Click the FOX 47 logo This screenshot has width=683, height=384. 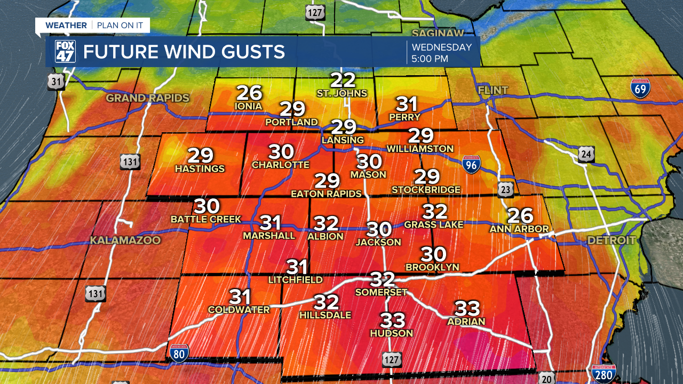tap(65, 52)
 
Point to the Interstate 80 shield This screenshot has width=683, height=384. tap(179, 353)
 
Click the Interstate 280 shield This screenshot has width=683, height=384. tap(604, 374)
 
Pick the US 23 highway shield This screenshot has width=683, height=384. tap(505, 189)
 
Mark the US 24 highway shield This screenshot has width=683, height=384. tap(586, 155)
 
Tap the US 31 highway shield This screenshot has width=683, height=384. tap(55, 82)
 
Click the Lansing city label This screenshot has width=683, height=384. tap(343, 140)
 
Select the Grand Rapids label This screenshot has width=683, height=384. tap(148, 98)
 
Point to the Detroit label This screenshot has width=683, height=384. tap(611, 241)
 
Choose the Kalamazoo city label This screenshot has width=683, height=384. tap(125, 241)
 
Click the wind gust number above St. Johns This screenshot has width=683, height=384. tap(343, 80)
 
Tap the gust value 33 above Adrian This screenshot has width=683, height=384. tap(467, 308)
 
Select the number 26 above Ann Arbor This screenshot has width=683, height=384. tap(520, 215)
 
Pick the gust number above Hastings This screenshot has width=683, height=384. tap(200, 156)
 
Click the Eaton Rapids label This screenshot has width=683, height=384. tap(326, 194)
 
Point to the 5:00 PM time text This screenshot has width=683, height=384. tap(430, 59)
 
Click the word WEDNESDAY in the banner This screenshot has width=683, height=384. tap(442, 47)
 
